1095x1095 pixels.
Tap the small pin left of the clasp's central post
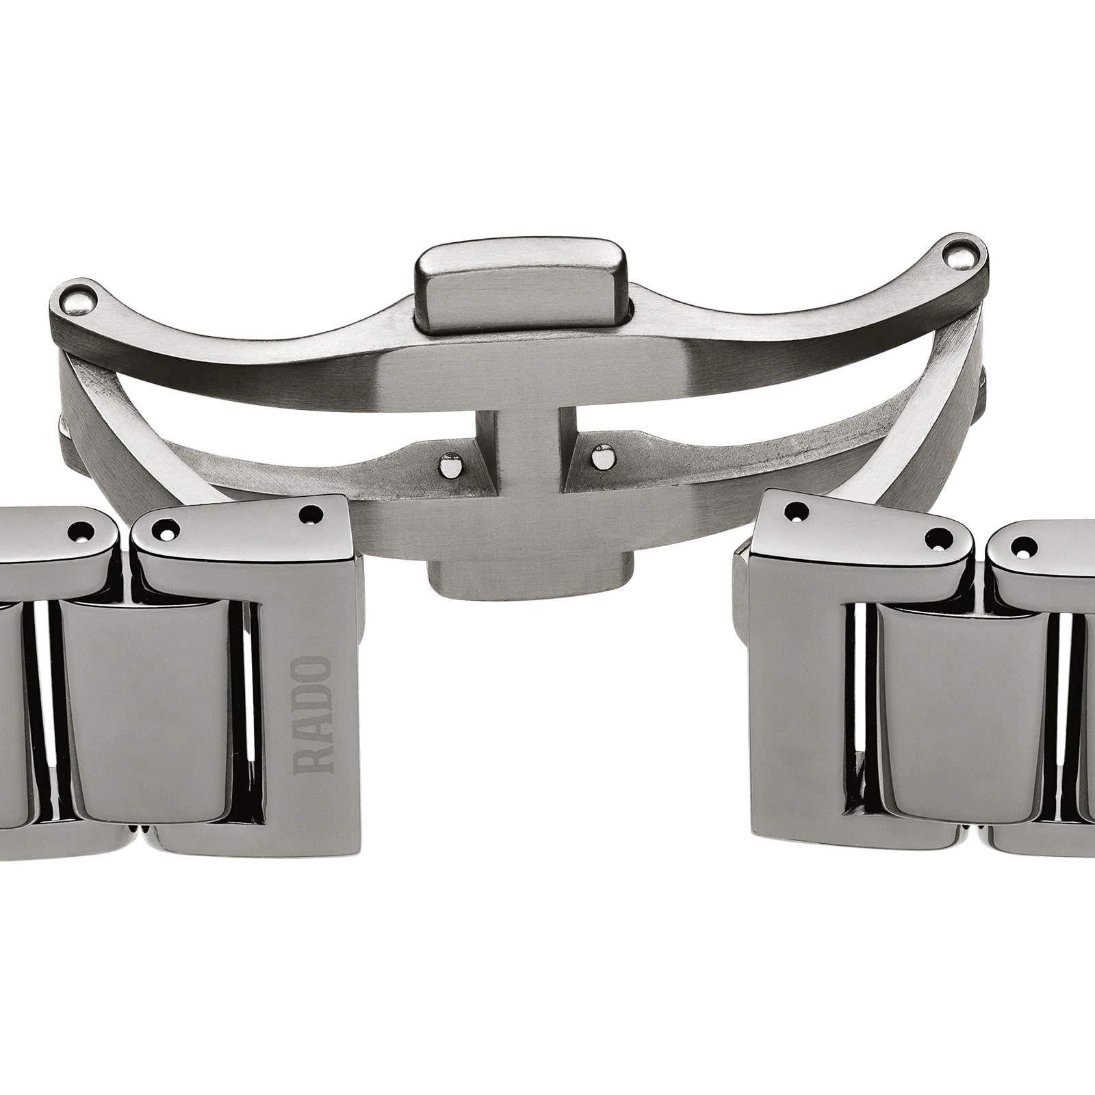coord(449,465)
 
